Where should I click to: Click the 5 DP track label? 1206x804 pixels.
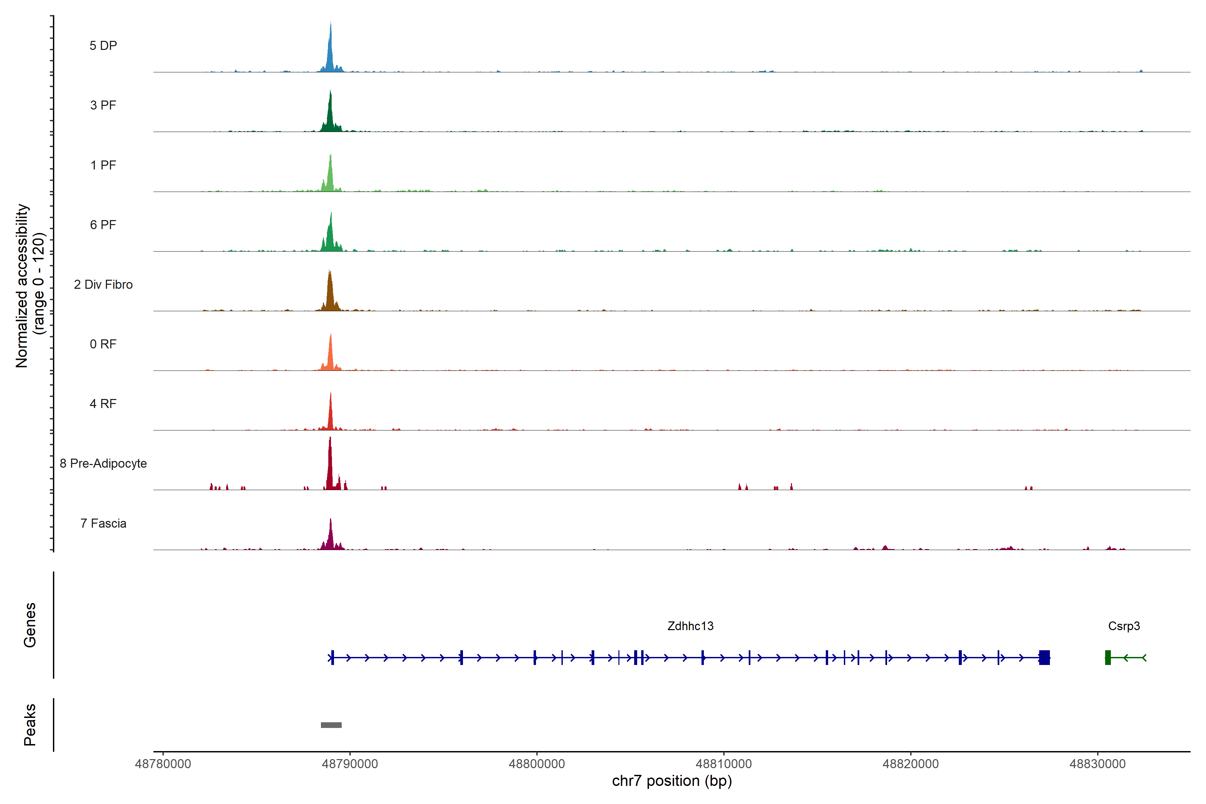coord(103,46)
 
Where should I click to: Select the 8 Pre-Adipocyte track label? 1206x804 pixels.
coord(103,464)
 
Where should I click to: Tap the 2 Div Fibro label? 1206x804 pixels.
coord(103,284)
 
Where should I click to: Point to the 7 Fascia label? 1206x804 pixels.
coord(103,524)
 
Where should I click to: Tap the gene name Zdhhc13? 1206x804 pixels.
coord(690,626)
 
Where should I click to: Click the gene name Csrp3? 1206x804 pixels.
coord(1124,626)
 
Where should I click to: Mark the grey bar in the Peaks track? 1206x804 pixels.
coord(331,725)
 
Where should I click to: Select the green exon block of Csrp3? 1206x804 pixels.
coord(1108,657)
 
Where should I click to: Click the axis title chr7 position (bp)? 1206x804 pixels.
coord(672,781)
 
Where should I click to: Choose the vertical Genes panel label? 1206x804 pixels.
coord(30,625)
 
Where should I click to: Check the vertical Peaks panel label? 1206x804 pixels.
coord(30,725)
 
